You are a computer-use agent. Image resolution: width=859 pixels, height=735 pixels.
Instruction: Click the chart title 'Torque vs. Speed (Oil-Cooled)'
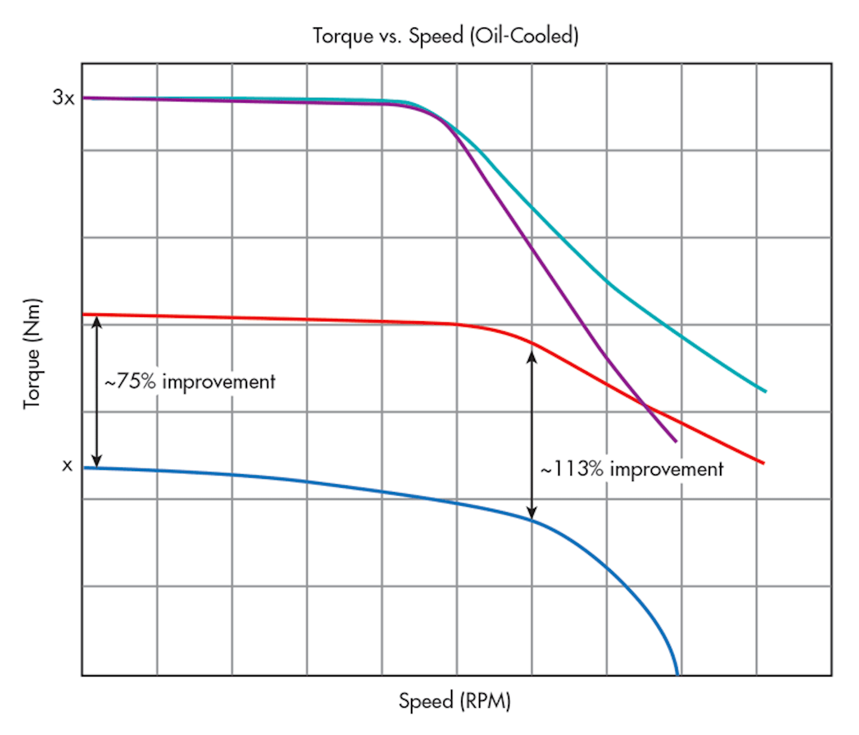point(446,36)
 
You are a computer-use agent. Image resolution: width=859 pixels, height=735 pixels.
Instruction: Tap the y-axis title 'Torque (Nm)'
point(33,353)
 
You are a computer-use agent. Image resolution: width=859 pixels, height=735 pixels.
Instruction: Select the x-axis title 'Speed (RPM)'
point(455,700)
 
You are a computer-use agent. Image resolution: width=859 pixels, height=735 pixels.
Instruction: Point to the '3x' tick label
point(63,97)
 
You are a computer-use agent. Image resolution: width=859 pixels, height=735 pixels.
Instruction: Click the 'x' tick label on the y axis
point(67,466)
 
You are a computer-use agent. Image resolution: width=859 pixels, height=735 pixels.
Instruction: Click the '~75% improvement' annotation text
point(190,382)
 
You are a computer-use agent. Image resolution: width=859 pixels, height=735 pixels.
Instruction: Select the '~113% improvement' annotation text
point(632,469)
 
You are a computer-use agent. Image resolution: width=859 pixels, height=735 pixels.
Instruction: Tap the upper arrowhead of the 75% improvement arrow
point(97,321)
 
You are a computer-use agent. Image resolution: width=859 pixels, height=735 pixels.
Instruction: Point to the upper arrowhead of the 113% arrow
point(532,356)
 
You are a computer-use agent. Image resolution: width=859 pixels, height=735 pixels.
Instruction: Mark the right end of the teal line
point(765,392)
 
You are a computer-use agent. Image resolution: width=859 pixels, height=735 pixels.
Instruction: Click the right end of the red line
point(764,463)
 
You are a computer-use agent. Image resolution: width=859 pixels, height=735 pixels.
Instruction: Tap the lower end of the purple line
point(676,442)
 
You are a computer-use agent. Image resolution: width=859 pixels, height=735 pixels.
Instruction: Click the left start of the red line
point(84,314)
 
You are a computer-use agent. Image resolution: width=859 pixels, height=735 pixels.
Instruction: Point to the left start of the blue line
point(84,468)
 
